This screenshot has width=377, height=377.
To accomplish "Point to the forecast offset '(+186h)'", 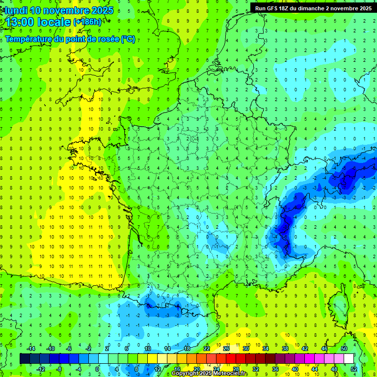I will (x=87, y=22).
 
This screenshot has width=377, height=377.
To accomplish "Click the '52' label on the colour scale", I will (x=354, y=369).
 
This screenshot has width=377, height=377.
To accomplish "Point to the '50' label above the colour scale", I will (x=344, y=349).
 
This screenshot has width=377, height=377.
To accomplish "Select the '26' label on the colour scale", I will (x=226, y=349).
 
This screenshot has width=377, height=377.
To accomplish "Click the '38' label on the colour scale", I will (x=285, y=349).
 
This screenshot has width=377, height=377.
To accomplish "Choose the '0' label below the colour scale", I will (x=97, y=369).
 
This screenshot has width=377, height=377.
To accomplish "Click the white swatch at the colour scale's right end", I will (x=349, y=359).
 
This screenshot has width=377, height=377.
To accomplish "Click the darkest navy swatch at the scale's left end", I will (x=25, y=359).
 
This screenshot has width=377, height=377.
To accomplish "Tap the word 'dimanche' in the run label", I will (x=315, y=8).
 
